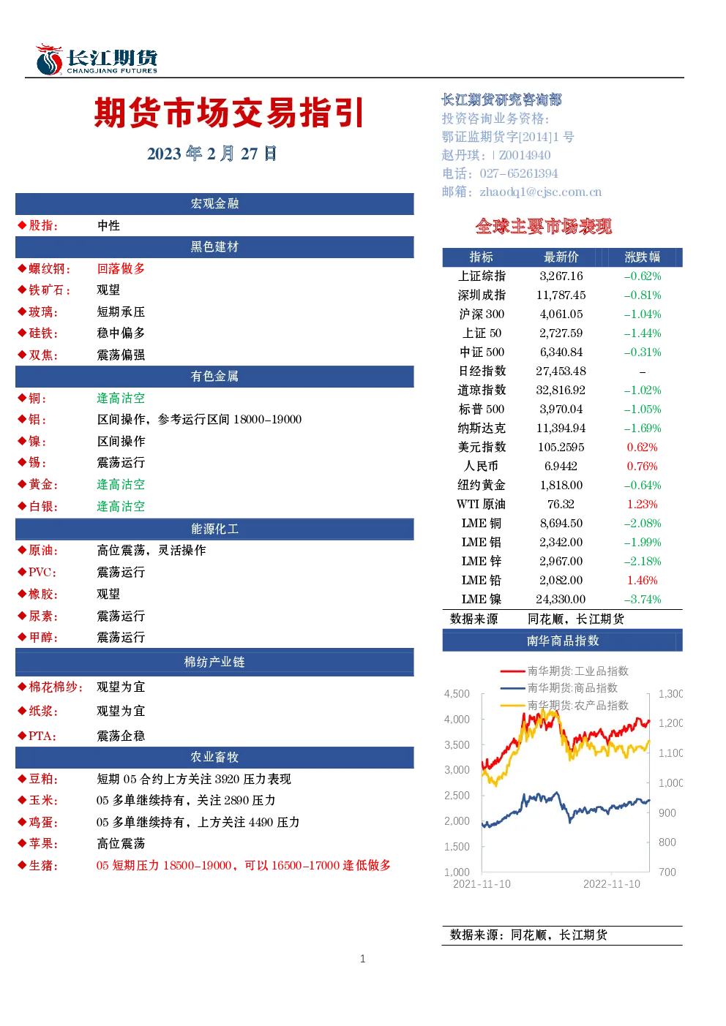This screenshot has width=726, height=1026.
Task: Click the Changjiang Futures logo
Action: [97, 59]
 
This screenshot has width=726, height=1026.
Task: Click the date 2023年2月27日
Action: [212, 154]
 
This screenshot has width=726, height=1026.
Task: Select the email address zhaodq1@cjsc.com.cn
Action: [540, 192]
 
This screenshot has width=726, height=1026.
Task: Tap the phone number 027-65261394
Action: [518, 173]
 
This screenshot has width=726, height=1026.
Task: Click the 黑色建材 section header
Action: [214, 247]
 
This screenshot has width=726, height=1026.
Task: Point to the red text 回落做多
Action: [121, 268]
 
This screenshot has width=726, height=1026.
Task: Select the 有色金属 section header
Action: [214, 377]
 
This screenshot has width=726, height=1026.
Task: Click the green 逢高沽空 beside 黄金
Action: [121, 485]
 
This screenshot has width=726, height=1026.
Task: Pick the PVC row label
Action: [42, 572]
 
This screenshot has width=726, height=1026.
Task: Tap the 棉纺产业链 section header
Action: [214, 662]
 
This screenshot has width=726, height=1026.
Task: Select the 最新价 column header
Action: [561, 257]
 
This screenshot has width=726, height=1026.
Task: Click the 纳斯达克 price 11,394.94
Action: [561, 429]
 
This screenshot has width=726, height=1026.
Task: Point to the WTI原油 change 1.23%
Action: [642, 505]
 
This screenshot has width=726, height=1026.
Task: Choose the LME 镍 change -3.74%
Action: [642, 600]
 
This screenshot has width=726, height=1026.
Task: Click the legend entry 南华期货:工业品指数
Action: [564, 671]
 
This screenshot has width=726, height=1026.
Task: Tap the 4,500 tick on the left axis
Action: [457, 694]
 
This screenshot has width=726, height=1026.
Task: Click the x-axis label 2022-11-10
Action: [611, 884]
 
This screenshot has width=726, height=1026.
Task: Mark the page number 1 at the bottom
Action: [363, 959]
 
